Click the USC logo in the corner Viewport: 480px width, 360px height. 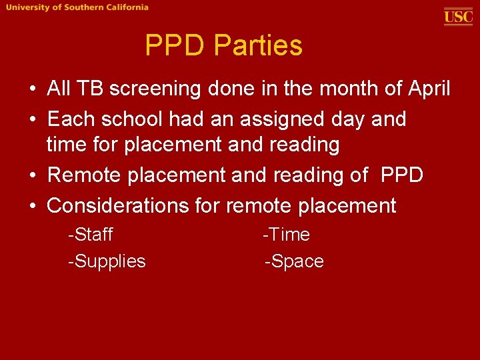coord(458,16)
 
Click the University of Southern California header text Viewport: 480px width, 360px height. coord(78,7)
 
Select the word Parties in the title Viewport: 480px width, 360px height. coord(259,46)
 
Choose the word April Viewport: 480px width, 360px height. coord(425,89)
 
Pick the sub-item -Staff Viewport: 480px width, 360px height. coord(91,235)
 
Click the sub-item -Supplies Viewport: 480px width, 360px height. coord(107,261)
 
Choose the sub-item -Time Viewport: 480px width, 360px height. coord(287,235)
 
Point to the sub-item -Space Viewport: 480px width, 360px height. coord(294,261)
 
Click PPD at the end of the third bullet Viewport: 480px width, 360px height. coord(402,175)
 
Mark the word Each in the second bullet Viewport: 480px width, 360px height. coord(71,120)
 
